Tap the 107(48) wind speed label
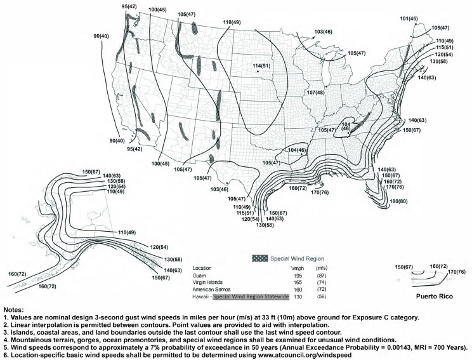coord(315,93)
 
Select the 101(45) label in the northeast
coord(409,19)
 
